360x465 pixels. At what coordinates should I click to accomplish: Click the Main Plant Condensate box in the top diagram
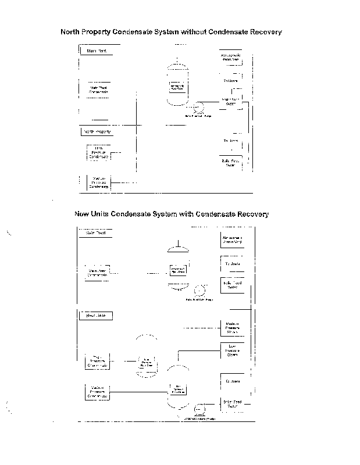click(x=99, y=90)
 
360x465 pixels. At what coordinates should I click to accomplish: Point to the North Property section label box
click(x=97, y=132)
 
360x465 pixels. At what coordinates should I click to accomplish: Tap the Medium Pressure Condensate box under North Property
click(x=98, y=183)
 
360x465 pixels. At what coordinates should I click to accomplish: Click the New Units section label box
click(x=95, y=316)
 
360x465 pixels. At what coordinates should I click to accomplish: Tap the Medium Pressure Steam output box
click(x=231, y=328)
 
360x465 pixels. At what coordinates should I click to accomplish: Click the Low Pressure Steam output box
click(x=231, y=350)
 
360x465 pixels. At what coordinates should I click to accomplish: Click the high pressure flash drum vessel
click(x=147, y=362)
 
